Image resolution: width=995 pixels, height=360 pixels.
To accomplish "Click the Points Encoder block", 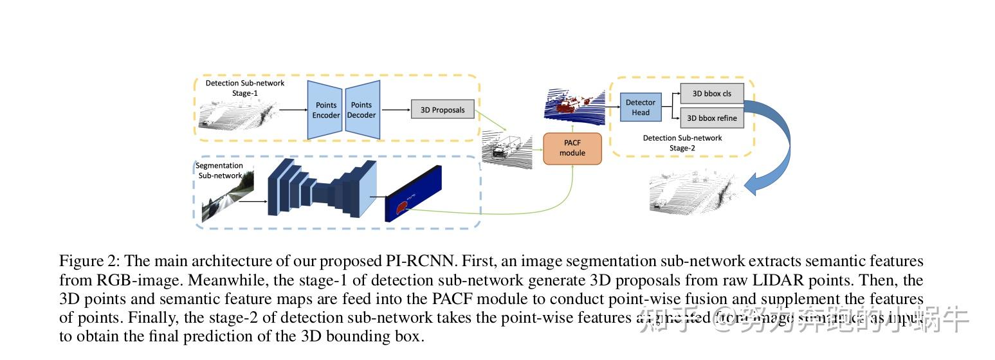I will [325, 110].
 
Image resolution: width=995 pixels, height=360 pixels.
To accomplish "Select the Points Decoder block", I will [361, 110].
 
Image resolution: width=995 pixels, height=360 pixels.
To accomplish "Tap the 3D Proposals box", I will [442, 110].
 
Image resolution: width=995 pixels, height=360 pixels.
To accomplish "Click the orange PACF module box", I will [572, 148].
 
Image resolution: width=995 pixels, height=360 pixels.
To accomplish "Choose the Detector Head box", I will [641, 107].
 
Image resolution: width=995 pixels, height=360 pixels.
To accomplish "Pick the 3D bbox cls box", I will [711, 93].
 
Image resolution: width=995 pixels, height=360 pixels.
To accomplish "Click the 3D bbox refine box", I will [711, 118].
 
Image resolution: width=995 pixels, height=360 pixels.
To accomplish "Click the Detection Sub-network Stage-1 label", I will [244, 88].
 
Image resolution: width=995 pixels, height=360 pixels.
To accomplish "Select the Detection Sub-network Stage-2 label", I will [682, 143].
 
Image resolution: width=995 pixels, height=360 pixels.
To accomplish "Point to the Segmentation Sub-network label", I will [219, 170].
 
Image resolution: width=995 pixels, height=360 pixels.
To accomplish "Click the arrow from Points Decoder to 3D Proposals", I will [395, 110].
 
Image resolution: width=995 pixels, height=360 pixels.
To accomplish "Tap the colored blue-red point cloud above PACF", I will [574, 105].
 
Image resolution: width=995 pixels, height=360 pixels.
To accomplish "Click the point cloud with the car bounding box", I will [507, 150].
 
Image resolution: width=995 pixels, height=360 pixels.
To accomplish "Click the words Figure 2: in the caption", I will [89, 262].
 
